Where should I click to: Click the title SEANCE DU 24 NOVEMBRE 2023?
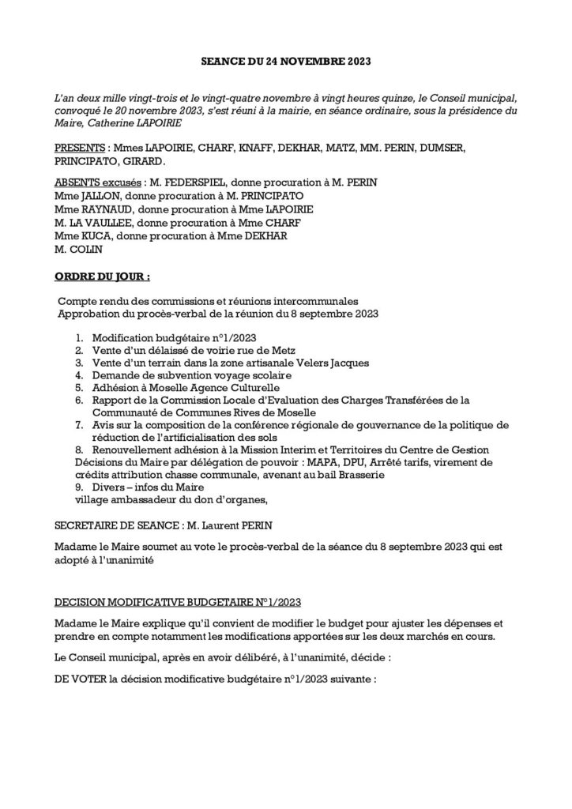(x=286, y=60)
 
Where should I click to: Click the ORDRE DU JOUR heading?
(x=102, y=277)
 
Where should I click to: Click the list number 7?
(x=79, y=425)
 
